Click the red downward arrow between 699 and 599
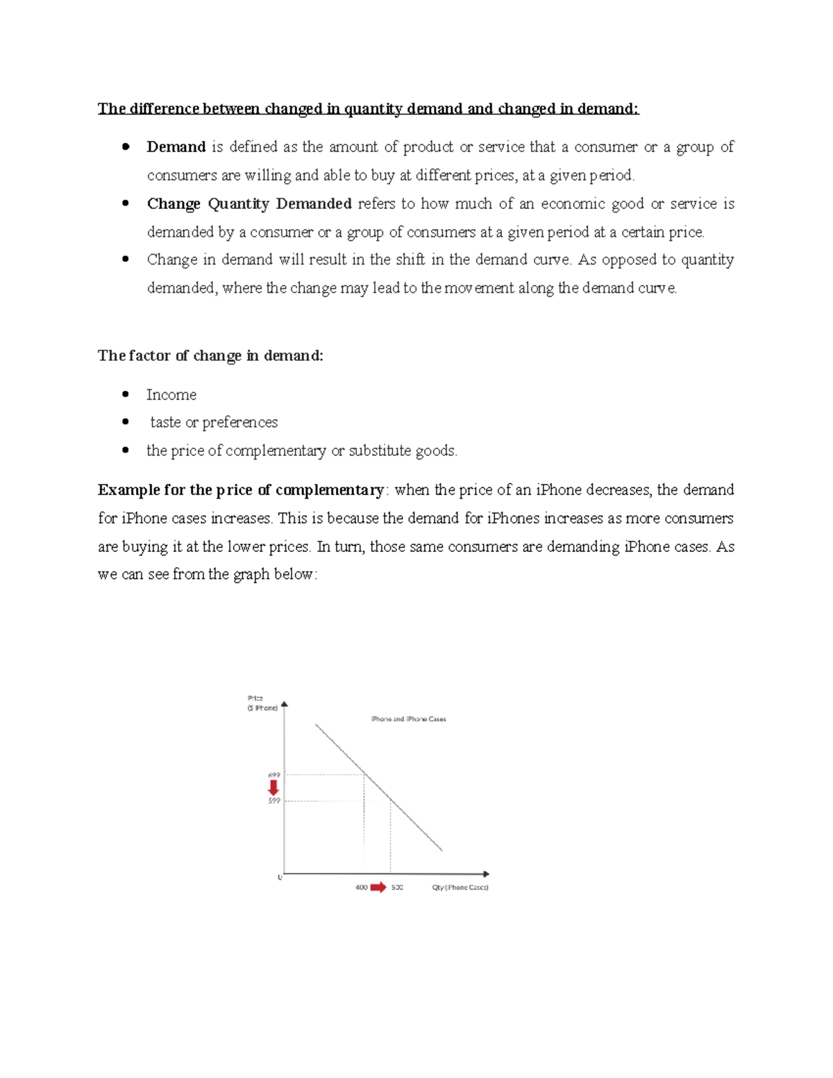274,787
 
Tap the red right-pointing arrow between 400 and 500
378,887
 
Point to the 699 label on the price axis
274,775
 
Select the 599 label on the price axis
274,800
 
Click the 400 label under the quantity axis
361,887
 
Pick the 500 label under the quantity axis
396,887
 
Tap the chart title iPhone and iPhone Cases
408,719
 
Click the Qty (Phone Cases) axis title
460,887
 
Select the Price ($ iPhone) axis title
262,703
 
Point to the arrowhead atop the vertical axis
284,705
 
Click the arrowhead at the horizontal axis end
486,874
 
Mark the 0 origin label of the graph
280,877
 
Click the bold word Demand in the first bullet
176,146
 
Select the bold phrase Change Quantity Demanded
249,203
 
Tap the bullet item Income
171,395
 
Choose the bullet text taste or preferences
214,422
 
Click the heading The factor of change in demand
210,355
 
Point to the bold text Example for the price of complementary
241,490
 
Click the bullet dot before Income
126,394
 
